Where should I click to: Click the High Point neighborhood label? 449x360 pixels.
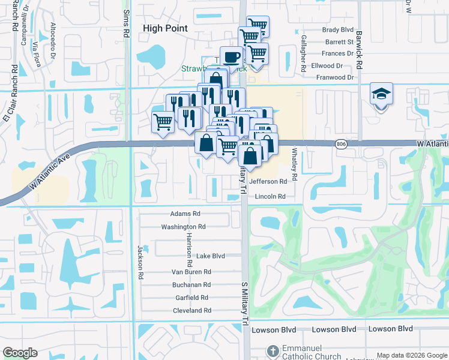[x=165, y=28]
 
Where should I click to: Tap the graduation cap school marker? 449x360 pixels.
[x=381, y=95]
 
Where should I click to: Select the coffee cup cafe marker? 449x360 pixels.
[x=232, y=58]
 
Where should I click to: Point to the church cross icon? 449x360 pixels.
[x=272, y=350]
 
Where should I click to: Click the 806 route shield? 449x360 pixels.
[x=341, y=144]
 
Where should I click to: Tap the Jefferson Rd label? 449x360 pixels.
[x=268, y=181]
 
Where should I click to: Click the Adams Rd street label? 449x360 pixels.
[x=185, y=214]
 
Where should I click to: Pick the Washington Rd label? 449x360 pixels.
[x=183, y=227]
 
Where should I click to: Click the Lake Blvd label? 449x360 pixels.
[x=211, y=256]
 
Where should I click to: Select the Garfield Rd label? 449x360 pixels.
[x=191, y=298]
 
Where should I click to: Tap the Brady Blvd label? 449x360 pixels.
[x=338, y=29]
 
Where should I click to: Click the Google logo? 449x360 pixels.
[x=20, y=353]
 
